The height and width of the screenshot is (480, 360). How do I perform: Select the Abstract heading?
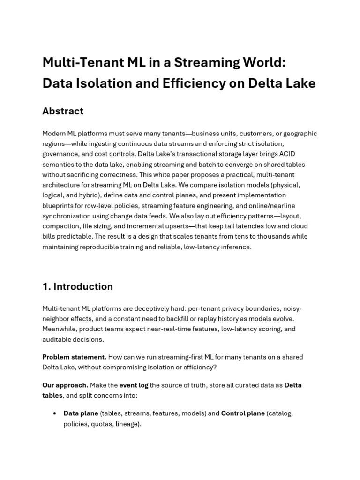tap(63, 111)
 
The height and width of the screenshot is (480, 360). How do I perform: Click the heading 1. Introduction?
tap(77, 286)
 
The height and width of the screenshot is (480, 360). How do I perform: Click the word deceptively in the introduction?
tap(159, 308)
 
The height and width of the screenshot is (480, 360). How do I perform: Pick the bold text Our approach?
tap(65, 385)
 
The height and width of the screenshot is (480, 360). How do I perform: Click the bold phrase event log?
tap(134, 385)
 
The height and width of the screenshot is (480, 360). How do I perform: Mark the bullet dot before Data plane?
tap(55, 413)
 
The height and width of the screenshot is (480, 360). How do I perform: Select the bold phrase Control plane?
tap(242, 413)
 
